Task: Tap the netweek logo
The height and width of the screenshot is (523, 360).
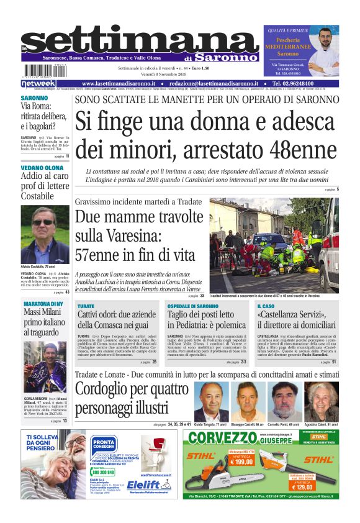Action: (x=38, y=83)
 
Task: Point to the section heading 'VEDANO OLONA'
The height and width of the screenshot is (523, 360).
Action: (x=42, y=168)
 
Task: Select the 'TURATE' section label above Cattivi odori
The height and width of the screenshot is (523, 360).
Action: (x=86, y=306)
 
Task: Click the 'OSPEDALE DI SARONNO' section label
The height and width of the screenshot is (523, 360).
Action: (x=193, y=306)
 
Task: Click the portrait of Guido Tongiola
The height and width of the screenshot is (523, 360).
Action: (x=211, y=401)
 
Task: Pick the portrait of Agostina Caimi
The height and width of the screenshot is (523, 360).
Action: (x=321, y=401)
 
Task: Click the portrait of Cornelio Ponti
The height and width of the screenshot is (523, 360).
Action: (x=284, y=401)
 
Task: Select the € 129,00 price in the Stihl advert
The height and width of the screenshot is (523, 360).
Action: (x=317, y=487)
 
